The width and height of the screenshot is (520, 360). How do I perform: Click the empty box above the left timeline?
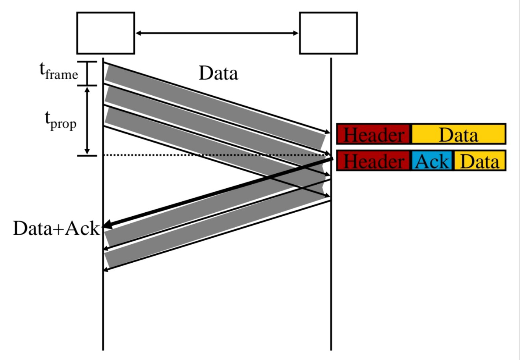(105, 33)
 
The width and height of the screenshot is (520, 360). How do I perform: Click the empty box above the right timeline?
(328, 33)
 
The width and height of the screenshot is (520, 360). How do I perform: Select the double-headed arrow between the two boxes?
(217, 33)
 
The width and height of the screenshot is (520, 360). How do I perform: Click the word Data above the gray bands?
(218, 73)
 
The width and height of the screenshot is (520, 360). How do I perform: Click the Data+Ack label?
(56, 228)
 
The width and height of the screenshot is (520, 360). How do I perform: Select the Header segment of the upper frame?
(373, 134)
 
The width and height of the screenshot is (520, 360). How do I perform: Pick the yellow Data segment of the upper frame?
(458, 134)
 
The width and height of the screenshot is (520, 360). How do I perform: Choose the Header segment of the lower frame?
(373, 161)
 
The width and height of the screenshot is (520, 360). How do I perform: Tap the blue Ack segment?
(432, 161)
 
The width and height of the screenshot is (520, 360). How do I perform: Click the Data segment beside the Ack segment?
(479, 161)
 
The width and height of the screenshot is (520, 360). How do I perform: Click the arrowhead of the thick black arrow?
(106, 226)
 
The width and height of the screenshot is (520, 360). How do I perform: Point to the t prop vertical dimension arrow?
(88, 120)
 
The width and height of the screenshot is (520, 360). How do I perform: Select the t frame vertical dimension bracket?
(88, 73)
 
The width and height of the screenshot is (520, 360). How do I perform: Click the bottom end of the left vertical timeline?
(103, 349)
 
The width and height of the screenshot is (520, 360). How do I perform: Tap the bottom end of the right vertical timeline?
(331, 349)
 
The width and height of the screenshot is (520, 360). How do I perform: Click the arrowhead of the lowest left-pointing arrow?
(105, 269)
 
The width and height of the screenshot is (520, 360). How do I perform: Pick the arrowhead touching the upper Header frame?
(327, 132)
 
